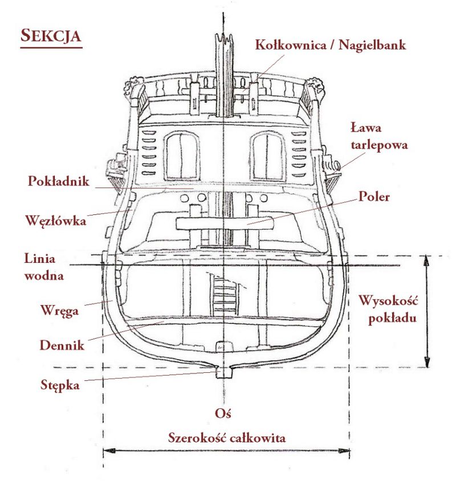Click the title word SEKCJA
(51, 36)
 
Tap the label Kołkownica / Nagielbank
(331, 45)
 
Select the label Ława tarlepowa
(379, 136)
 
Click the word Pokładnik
(59, 181)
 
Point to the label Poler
(374, 197)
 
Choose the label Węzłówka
(55, 221)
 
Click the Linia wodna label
(44, 267)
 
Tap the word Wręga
(59, 311)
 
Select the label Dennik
(62, 345)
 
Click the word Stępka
(60, 385)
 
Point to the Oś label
(223, 413)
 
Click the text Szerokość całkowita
(227, 438)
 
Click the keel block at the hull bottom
(223, 372)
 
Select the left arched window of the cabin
(181, 156)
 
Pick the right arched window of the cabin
(267, 156)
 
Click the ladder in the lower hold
(225, 294)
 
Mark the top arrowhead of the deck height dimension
(426, 262)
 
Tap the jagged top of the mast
(224, 38)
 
